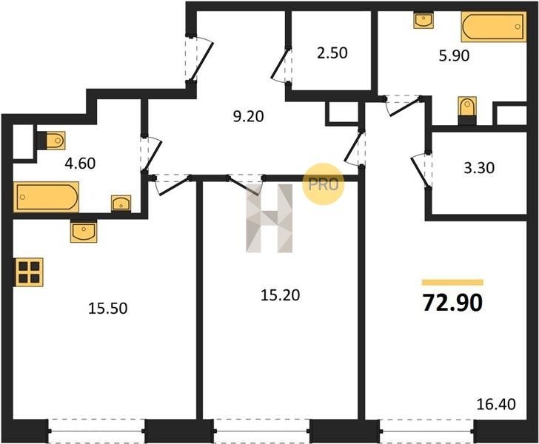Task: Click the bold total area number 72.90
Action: pos(452,303)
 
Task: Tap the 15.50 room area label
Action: pos(108,309)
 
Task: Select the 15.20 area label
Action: pos(280,295)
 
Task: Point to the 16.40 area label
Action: pos(496,404)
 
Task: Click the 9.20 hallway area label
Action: pos(249,116)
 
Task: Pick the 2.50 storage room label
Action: pos(332,53)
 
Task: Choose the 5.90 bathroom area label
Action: pos(454,55)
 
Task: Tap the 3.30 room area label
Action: pos(479,168)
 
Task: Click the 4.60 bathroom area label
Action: pos(80,164)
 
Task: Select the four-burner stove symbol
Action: pos(29,272)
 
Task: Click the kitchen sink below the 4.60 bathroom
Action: pos(84,231)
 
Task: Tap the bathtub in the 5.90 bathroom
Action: pos(494,27)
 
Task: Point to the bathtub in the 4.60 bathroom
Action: pos(46,197)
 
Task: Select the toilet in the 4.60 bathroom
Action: pos(51,141)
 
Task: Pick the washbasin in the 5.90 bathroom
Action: pos(423,20)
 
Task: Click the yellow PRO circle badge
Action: pos(323,184)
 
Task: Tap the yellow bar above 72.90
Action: pos(452,283)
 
